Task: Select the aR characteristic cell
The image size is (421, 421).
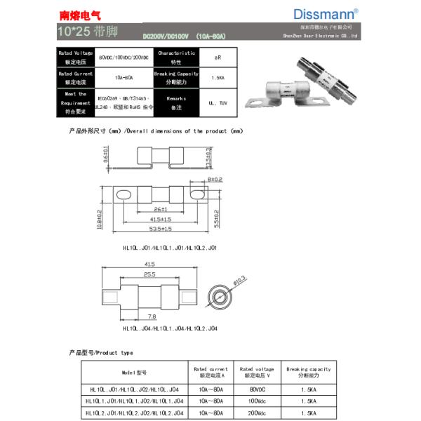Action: click(x=215, y=56)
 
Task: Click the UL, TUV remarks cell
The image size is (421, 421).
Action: click(x=215, y=103)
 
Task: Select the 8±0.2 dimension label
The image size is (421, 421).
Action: click(x=215, y=180)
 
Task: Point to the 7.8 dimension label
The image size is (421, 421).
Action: click(x=153, y=316)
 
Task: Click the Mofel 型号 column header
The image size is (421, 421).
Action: click(x=133, y=372)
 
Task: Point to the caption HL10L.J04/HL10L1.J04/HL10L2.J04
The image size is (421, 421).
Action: click(x=170, y=328)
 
